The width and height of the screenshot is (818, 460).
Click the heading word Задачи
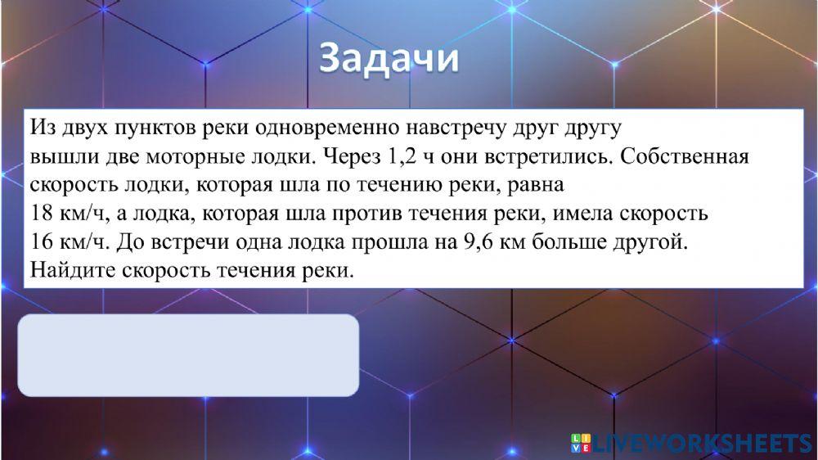coord(389,60)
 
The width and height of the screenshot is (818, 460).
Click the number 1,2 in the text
coord(397,156)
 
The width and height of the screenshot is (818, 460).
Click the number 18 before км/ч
coord(41,213)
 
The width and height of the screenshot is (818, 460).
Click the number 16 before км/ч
coord(41,241)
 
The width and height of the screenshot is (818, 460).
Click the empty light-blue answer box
coord(188,355)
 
